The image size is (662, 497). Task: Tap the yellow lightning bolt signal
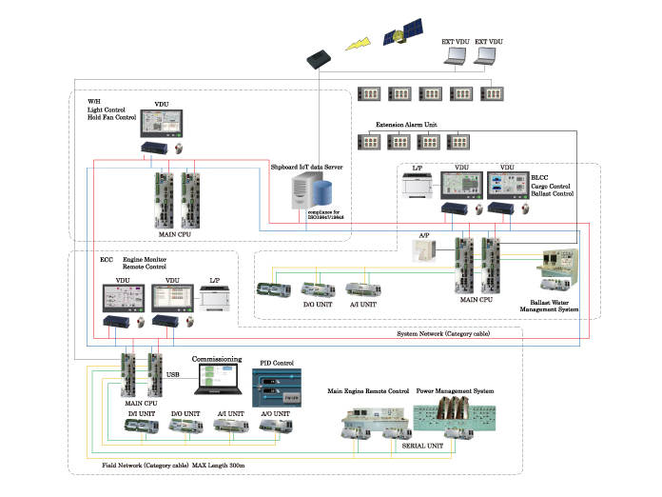pyautogui.click(x=360, y=45)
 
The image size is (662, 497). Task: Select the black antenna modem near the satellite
pyautogui.click(x=318, y=59)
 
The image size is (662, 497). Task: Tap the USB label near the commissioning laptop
pyautogui.click(x=173, y=374)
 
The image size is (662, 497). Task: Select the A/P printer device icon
pyautogui.click(x=419, y=250)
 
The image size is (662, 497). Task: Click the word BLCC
pyautogui.click(x=540, y=177)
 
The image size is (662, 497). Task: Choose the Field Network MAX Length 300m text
pyautogui.click(x=173, y=464)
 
